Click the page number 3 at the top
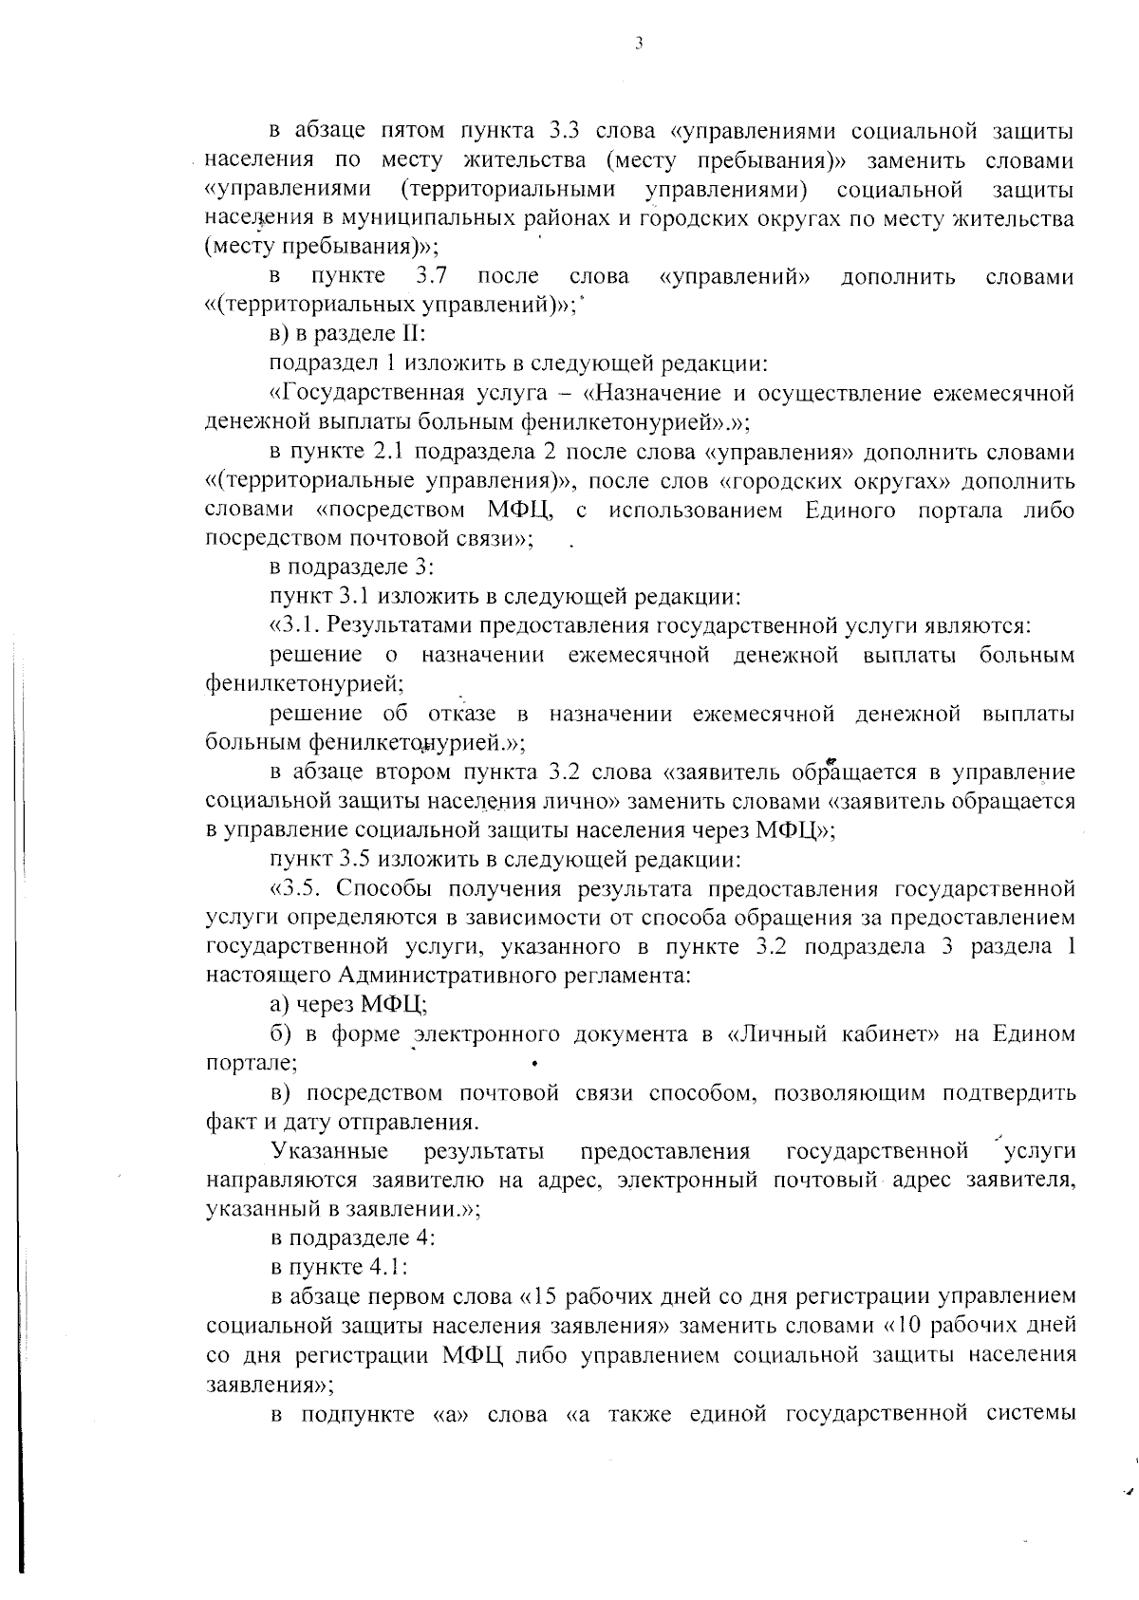(x=638, y=43)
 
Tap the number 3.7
(x=431, y=276)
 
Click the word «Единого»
(x=850, y=510)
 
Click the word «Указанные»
(x=329, y=1151)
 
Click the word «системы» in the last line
(x=1031, y=1414)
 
